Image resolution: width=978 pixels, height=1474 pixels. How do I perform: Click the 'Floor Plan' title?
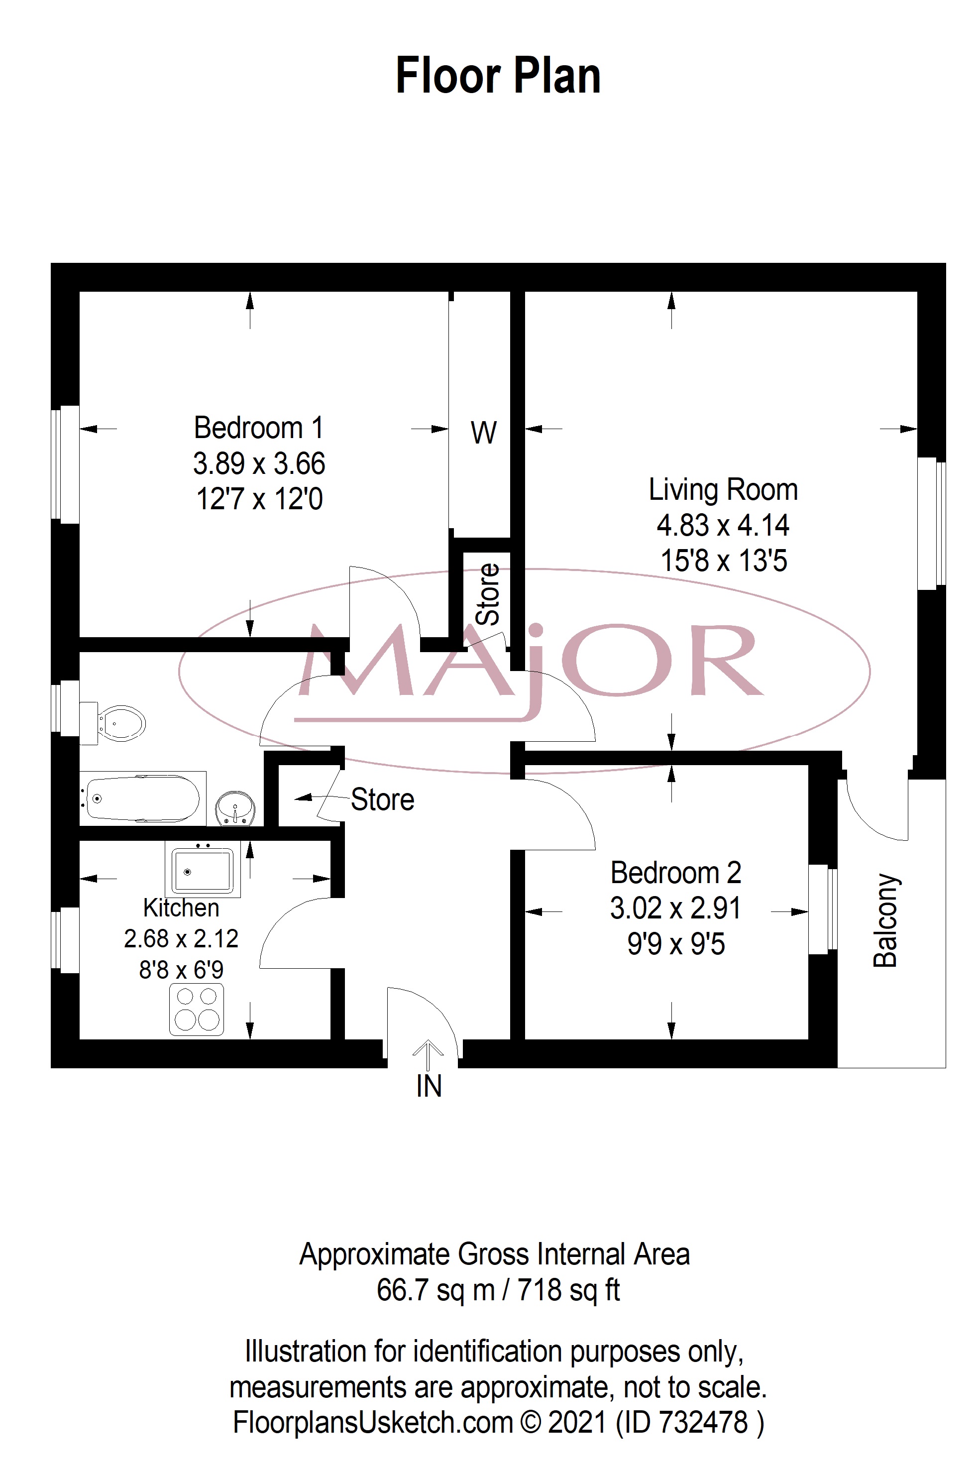point(498,76)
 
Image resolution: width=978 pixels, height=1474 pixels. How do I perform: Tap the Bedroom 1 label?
point(259,428)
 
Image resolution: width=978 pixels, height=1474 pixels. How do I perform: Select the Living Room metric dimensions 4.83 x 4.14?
point(723,525)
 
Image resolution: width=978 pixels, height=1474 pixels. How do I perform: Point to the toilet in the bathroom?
point(113,724)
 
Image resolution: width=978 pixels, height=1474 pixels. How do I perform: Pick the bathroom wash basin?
point(234,809)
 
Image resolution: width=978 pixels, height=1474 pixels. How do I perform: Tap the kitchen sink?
point(203,870)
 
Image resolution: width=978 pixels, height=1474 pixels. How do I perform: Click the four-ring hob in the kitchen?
point(197,1009)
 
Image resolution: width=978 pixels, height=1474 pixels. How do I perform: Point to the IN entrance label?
point(429,1086)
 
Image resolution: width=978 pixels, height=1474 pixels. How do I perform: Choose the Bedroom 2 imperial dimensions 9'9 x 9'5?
point(676,944)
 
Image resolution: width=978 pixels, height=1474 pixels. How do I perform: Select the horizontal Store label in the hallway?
point(382,799)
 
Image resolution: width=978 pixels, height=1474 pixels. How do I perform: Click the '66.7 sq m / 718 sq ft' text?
point(498,1289)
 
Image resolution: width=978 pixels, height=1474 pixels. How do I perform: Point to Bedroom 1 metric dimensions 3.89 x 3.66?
point(259,463)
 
